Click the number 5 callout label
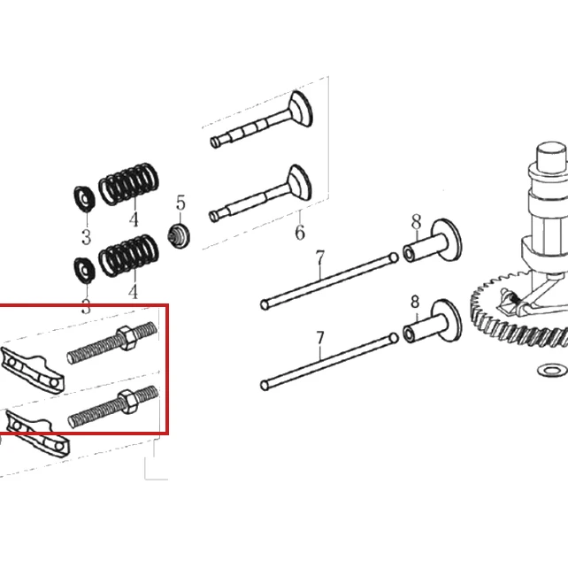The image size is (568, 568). pos(180,203)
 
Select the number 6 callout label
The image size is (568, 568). pos(300,232)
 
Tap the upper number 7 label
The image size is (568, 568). pos(320,258)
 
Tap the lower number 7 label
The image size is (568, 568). pos(320,338)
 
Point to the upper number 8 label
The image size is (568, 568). pos(416,222)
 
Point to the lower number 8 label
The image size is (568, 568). pos(415,302)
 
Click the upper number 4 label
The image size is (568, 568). pos(134,219)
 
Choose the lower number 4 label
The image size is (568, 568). pos(134,292)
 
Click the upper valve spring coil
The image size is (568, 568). pos(128,183)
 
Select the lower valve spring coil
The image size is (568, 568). pos(128,256)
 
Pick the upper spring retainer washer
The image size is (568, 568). pos(85,199)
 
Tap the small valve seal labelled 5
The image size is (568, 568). pos(179,236)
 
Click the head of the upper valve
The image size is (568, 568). pos(300,108)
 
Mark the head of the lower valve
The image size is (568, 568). pos(299,183)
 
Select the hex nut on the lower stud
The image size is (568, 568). pos(127,402)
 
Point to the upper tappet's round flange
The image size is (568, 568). pos(447,240)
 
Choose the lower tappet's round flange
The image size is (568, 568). pos(447,320)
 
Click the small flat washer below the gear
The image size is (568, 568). pos(552,370)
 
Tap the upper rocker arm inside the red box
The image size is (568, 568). pos(33,371)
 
